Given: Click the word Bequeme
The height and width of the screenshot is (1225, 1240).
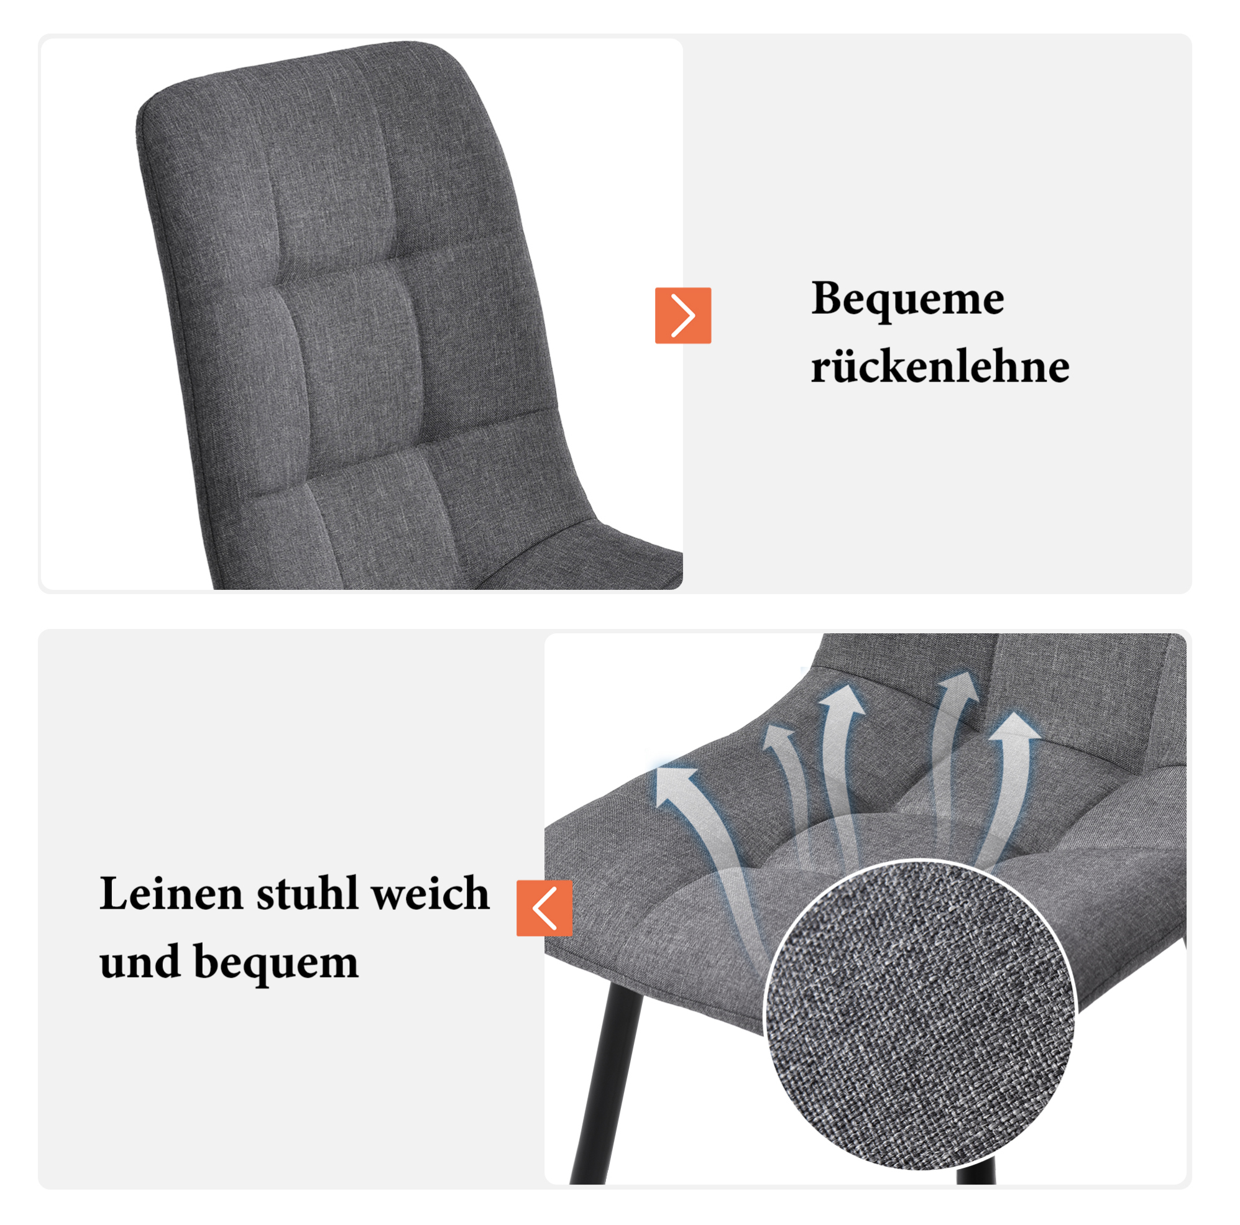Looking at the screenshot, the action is point(907,300).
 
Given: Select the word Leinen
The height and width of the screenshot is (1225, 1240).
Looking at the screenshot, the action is point(171,893).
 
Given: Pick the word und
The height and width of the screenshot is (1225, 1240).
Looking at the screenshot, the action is point(139,962).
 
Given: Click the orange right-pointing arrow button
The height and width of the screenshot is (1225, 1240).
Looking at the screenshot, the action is point(683,315).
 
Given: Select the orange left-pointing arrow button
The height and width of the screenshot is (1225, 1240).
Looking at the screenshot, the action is point(544,908).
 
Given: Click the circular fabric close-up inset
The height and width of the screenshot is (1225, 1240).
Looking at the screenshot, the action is point(920,1016).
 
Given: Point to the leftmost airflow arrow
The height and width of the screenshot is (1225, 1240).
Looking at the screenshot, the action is point(706,853).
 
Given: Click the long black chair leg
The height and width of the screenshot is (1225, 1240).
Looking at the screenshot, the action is point(606,1085).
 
